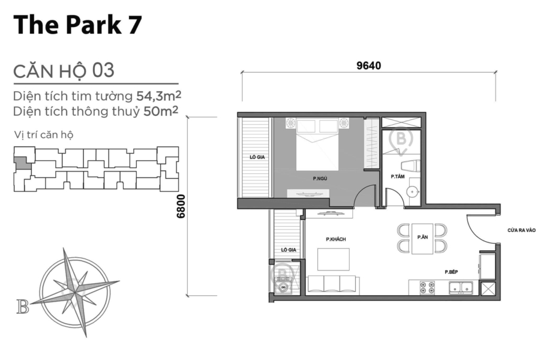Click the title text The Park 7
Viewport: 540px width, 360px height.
coord(77,25)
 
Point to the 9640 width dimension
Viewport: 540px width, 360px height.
coord(368,66)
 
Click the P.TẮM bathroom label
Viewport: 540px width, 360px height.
coord(397,177)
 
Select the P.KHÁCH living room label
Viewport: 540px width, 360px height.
coord(335,239)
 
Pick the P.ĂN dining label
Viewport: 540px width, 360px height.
coord(422,238)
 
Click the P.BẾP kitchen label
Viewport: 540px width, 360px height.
coord(451,272)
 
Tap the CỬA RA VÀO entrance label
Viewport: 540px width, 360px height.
coord(521,230)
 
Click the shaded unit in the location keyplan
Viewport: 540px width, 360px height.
coord(21,162)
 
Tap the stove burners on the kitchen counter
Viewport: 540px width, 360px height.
coord(428,288)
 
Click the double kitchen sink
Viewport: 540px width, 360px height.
coord(460,289)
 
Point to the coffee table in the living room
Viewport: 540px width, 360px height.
coord(334,259)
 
